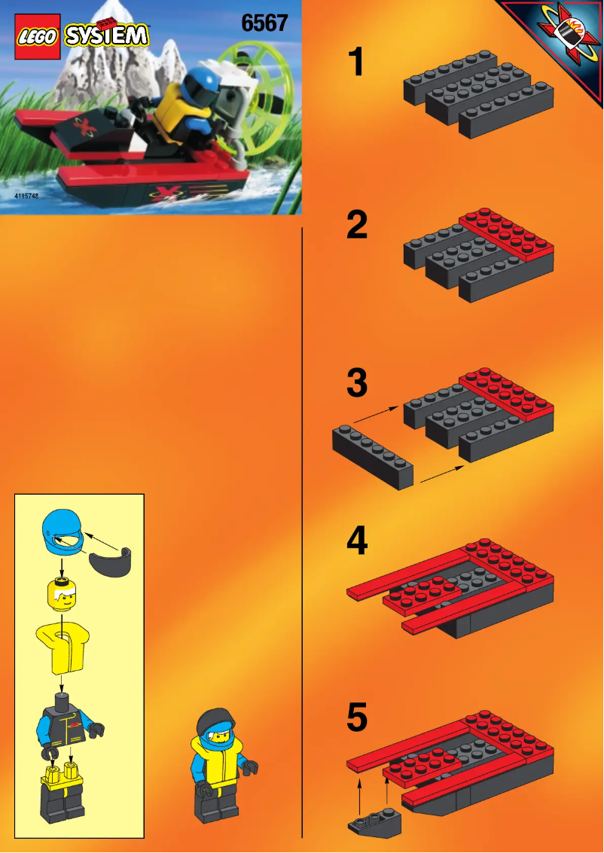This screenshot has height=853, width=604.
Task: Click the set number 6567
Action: [x=264, y=23]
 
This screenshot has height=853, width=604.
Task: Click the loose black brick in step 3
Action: [x=373, y=456]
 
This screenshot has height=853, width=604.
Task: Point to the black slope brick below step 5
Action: [x=374, y=823]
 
